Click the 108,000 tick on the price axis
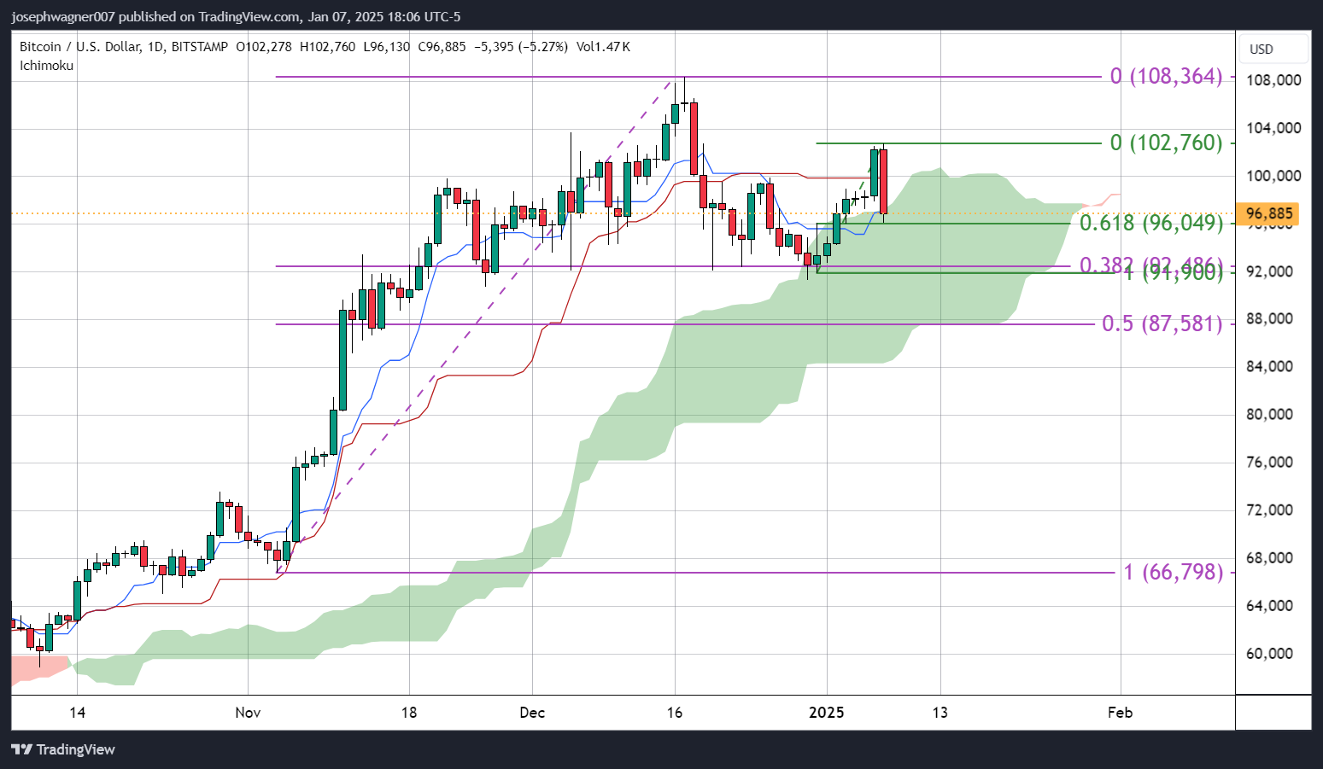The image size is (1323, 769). [x=1273, y=80]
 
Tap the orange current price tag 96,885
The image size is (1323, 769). [x=1271, y=213]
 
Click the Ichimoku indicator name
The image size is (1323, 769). [x=47, y=66]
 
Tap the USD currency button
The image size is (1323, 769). [x=1262, y=49]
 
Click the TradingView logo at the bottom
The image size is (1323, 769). [x=63, y=749]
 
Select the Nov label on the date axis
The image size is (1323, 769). [x=248, y=713]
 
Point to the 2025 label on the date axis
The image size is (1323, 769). [x=827, y=713]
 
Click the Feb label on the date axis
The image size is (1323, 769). [x=1120, y=713]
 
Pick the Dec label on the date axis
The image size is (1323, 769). [x=532, y=713]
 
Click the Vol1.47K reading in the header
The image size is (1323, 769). [x=603, y=47]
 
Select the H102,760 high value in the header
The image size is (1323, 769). [x=327, y=47]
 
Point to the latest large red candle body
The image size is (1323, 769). [x=883, y=181]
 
